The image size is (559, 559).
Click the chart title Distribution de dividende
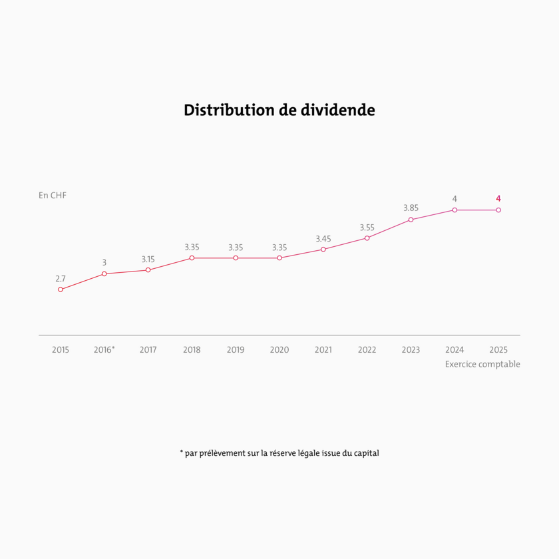coord(279,110)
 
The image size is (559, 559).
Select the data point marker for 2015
coord(61,289)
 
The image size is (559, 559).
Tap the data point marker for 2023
coord(411,220)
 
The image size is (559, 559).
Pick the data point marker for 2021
coord(323,250)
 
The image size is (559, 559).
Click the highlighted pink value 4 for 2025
coord(498,198)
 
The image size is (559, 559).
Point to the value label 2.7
coord(61,279)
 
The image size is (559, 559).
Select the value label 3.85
coord(411,208)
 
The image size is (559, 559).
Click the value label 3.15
coord(148,260)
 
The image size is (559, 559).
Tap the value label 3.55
coord(367,228)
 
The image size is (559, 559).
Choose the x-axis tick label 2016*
coord(104,350)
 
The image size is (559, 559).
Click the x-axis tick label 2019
coord(236,350)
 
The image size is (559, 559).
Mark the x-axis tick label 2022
coord(367,350)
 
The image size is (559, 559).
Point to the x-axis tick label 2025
coord(498,350)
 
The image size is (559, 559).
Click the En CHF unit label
coord(53,196)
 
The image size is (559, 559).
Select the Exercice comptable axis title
coord(482,364)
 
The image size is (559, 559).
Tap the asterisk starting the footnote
coord(182,453)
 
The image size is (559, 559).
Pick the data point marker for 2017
coord(148,270)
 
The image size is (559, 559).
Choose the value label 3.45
coord(323,239)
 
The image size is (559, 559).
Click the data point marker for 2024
coord(455,210)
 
